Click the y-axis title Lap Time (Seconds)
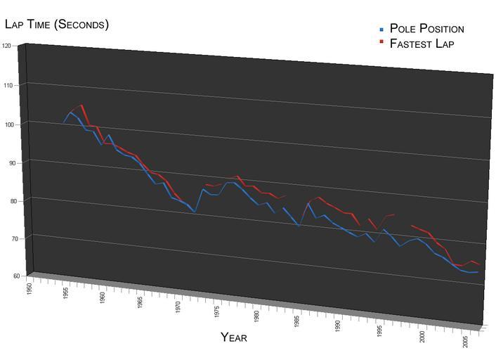click(x=57, y=25)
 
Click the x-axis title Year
click(x=234, y=337)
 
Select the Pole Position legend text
click(x=426, y=29)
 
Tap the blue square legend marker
click(x=381, y=30)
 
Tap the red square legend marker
click(x=381, y=43)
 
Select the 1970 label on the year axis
click(x=178, y=306)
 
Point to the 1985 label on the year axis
click(x=297, y=322)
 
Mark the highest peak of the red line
click(x=81, y=105)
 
